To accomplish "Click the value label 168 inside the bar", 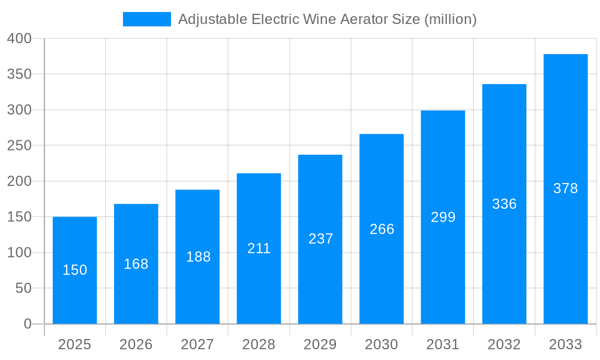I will (136, 264).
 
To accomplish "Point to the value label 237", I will (320, 239).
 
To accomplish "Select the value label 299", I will (443, 217).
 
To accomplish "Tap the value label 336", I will (504, 204).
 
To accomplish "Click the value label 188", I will (198, 257).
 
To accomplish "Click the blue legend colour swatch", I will (146, 19).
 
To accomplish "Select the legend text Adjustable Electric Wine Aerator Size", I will (328, 19).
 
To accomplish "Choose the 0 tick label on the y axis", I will (28, 324).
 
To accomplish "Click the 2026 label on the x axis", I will (136, 344).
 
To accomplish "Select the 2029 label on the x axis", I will (320, 344).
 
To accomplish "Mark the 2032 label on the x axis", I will (504, 344).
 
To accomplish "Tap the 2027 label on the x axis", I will (197, 344).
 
